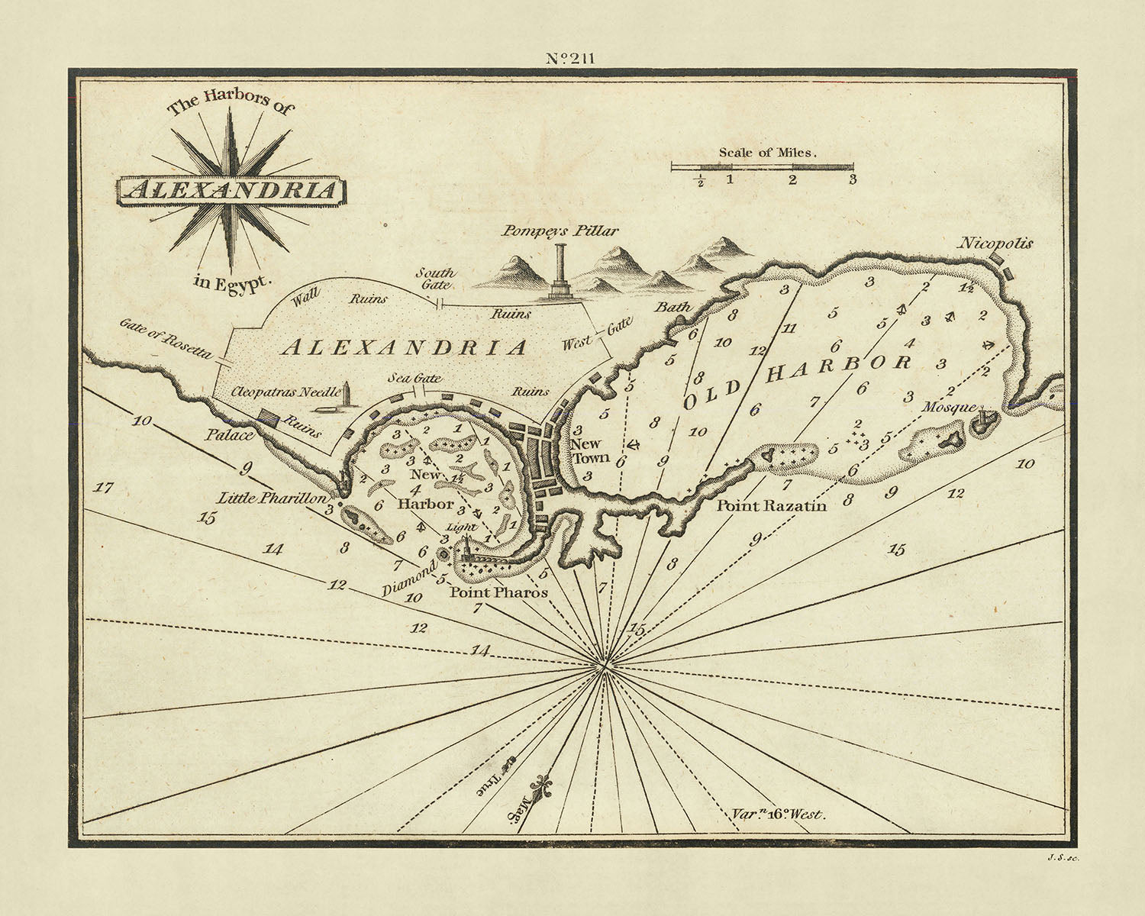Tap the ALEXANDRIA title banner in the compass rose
pyautogui.click(x=231, y=190)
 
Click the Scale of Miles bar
pyautogui.click(x=762, y=166)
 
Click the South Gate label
pyautogui.click(x=435, y=278)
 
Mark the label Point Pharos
pyautogui.click(x=498, y=592)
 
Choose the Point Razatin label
pyautogui.click(x=771, y=505)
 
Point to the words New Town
pyautogui.click(x=590, y=450)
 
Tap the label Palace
pyautogui.click(x=228, y=435)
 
